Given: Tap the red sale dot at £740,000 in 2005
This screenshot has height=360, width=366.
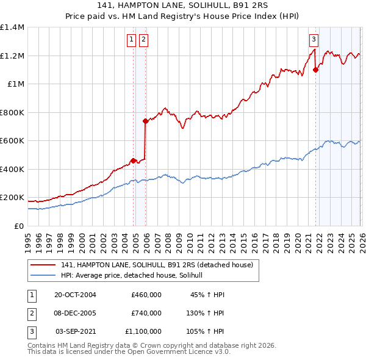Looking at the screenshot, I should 145,121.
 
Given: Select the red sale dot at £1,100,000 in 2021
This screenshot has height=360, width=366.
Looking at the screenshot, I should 315,70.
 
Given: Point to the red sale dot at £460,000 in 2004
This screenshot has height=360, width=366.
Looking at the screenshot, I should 133,160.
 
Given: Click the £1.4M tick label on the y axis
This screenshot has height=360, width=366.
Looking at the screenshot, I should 12,27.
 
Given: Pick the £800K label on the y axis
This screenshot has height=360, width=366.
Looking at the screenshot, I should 12,112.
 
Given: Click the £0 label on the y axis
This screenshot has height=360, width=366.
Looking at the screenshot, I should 18,226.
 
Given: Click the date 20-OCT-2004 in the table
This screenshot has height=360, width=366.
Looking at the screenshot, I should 75,295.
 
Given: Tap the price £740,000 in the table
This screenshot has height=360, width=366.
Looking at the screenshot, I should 146,313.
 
